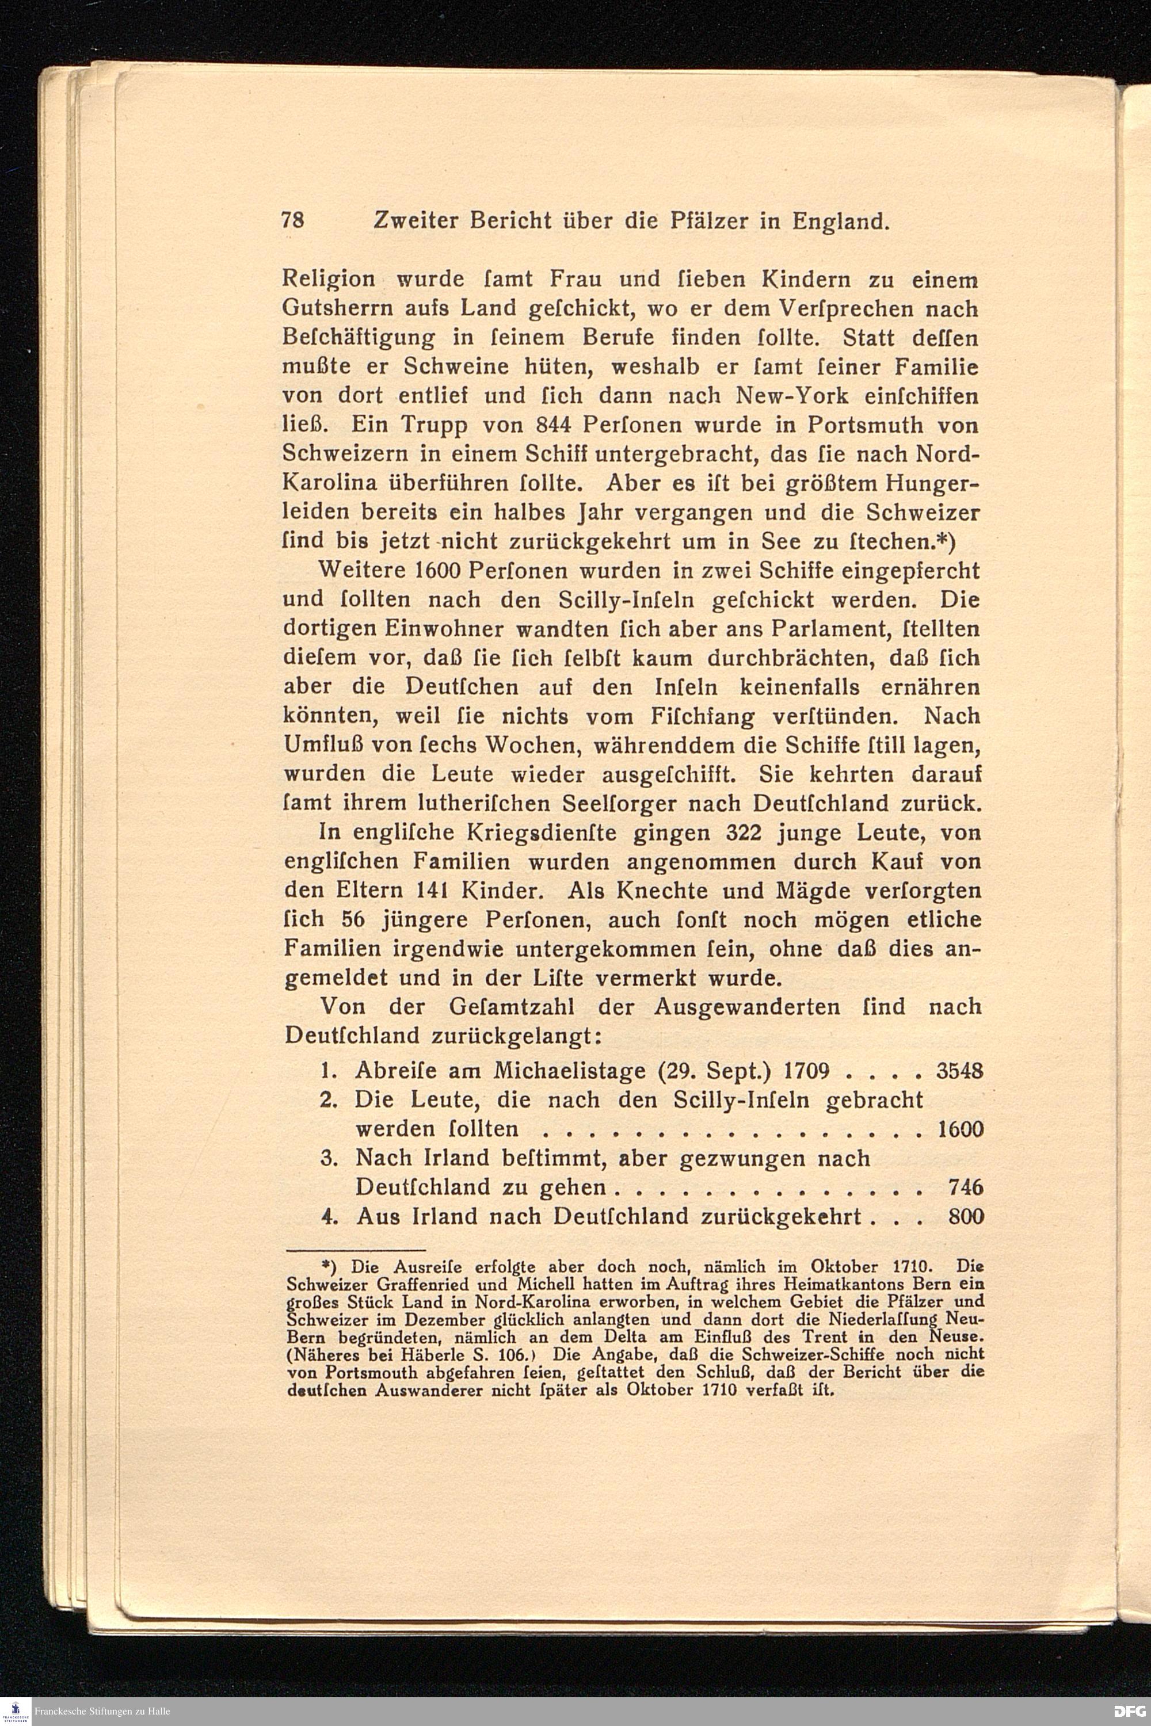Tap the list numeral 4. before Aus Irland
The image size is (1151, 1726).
point(328,1217)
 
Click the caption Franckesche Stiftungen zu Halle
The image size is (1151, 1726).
point(102,1710)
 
